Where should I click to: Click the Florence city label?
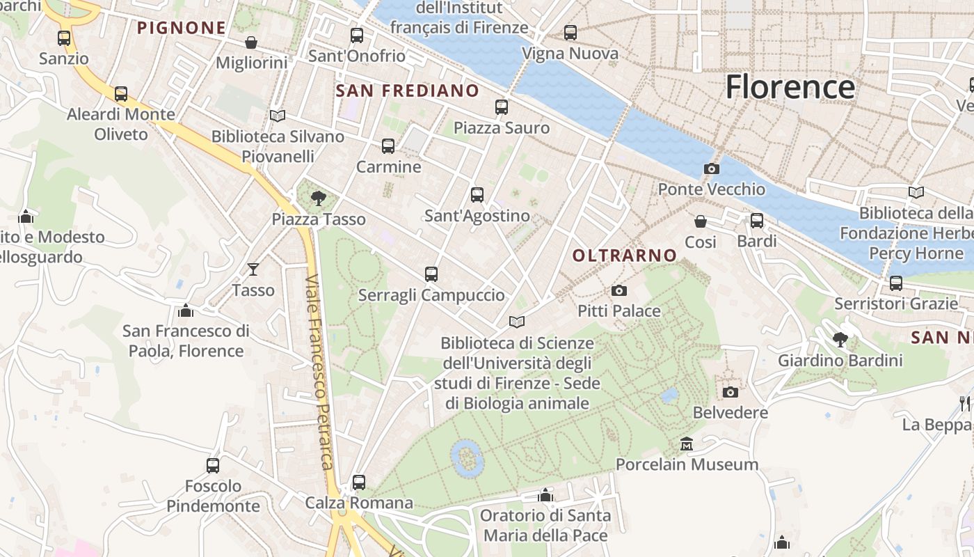click(790, 87)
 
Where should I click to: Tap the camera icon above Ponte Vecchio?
click(711, 168)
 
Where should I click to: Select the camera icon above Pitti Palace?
click(618, 290)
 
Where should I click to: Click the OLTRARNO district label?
click(624, 256)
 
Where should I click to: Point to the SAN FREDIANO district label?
click(407, 91)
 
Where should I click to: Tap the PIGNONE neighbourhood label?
click(181, 28)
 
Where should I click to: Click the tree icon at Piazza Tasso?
click(319, 198)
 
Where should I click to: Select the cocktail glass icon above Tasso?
click(253, 269)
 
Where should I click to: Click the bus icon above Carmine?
click(388, 146)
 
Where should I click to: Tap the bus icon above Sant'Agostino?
click(477, 195)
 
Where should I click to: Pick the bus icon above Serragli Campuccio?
click(431, 274)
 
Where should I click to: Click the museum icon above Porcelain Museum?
click(687, 444)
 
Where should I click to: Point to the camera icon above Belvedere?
click(730, 392)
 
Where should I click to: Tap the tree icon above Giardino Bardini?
click(840, 340)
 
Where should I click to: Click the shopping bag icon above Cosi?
click(701, 221)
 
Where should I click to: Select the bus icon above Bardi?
click(756, 221)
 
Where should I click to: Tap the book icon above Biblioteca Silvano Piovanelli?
click(278, 116)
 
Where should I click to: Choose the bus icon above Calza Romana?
click(359, 482)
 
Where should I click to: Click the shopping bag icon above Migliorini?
click(251, 42)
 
